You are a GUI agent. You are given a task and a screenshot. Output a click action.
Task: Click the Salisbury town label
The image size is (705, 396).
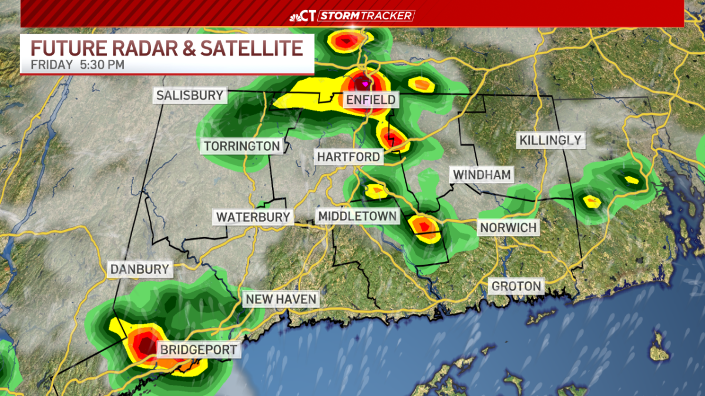point(190,96)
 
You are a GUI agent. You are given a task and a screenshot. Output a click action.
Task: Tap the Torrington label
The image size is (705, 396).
point(241,145)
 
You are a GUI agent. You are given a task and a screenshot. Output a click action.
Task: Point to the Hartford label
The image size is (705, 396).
point(348,157)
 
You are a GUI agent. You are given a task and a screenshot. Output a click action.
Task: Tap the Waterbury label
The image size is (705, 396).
point(253,216)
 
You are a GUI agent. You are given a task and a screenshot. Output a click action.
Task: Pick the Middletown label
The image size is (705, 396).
point(357,216)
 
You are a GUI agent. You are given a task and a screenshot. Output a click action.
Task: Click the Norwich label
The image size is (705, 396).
point(508,227)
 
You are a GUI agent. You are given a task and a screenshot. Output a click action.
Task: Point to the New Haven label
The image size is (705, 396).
point(281,299)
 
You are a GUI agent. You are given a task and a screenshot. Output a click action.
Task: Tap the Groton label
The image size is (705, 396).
point(516,286)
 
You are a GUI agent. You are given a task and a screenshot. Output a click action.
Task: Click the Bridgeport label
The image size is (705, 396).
point(199,350)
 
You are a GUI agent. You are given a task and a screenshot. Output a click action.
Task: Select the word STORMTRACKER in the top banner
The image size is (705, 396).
point(367,15)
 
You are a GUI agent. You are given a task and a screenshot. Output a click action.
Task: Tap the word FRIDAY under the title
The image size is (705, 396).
point(52,65)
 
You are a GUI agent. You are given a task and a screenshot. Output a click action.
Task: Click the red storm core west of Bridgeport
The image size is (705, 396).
point(141,344)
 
